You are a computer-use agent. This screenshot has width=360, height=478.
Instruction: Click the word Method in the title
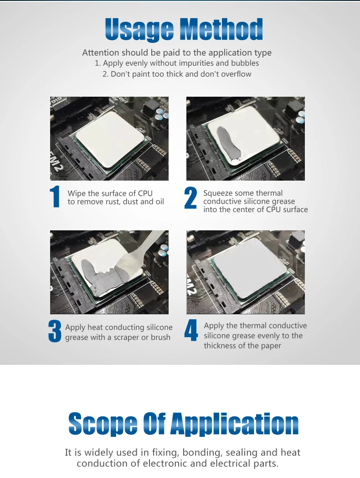pos(221,29)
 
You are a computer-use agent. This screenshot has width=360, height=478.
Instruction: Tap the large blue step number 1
pos(55,197)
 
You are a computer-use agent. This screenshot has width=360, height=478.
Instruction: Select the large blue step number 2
pos(190,198)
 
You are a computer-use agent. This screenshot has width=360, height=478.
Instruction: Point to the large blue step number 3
pos(55,331)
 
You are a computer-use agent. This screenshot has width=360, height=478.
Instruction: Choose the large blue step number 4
pos(191,330)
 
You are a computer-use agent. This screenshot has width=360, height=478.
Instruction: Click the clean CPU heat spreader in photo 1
pos(110,139)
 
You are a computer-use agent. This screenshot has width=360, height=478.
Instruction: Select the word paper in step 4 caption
pos(271,346)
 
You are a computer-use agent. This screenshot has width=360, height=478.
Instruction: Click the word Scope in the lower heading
pos(103,424)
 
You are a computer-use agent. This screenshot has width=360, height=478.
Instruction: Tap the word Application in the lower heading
pos(234,424)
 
